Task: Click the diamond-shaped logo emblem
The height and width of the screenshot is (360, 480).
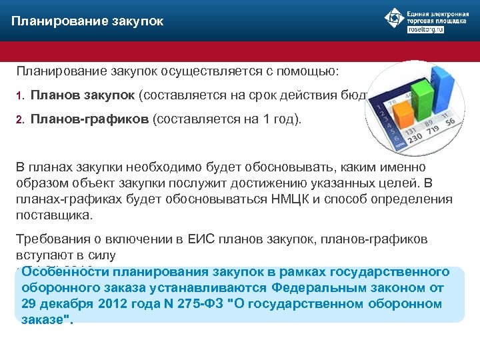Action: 394,18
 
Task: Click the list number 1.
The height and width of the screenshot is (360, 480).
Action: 20,95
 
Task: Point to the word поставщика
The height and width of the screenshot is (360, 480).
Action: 54,216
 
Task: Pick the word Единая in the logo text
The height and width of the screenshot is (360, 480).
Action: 418,13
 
